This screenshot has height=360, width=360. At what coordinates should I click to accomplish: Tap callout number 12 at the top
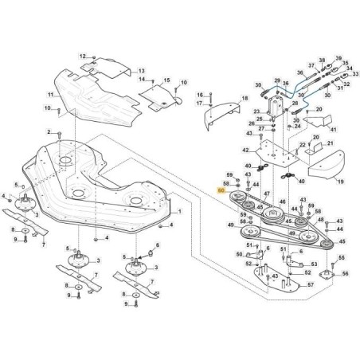[82, 57]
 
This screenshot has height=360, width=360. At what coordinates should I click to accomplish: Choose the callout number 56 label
[346, 273]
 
